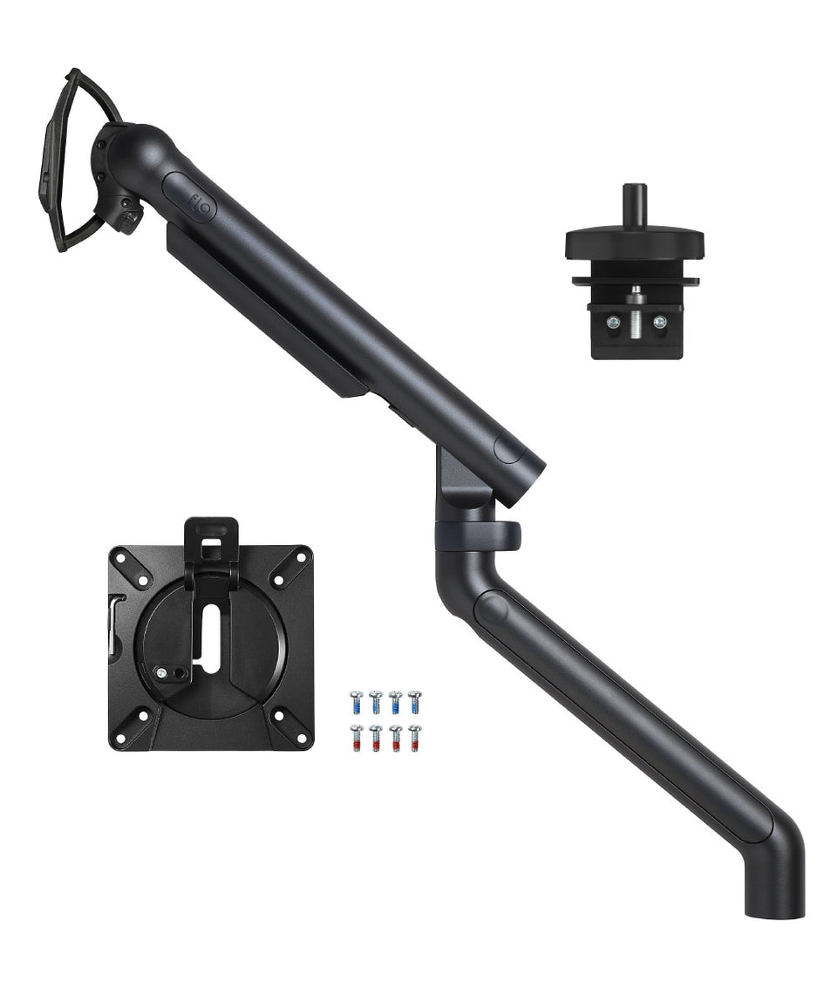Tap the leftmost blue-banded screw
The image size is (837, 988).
[356, 702]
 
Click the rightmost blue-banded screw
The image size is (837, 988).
[414, 702]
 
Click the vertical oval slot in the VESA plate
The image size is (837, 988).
[212, 639]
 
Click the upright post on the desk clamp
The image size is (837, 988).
[634, 203]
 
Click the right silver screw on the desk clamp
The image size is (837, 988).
[660, 322]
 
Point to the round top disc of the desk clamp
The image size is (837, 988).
[634, 240]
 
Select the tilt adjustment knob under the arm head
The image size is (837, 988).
[129, 218]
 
